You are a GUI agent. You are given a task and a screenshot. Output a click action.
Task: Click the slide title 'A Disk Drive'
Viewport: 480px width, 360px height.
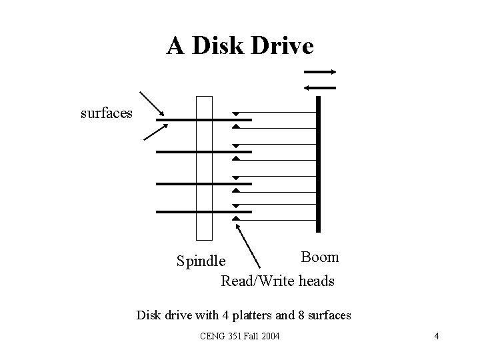(240, 46)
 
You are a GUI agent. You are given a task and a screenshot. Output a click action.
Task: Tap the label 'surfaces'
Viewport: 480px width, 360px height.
(107, 113)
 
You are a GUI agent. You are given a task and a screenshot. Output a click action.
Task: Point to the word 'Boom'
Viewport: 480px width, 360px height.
(319, 257)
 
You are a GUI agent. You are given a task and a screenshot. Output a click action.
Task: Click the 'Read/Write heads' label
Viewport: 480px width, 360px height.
(277, 281)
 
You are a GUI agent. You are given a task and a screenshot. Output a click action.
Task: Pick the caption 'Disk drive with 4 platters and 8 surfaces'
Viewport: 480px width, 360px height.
(243, 314)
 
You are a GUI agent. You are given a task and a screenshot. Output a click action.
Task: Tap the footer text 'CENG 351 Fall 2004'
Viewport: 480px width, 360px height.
(240, 336)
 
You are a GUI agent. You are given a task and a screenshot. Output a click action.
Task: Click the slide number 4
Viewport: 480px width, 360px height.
(436, 336)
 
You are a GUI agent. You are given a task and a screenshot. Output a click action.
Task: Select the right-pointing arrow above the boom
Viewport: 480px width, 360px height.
(320, 72)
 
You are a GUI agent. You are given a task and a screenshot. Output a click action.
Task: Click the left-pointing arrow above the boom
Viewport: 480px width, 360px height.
(320, 87)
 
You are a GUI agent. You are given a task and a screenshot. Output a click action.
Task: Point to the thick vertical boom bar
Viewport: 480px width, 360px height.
(319, 163)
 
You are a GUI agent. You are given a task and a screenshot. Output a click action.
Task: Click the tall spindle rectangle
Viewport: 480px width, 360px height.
(204, 167)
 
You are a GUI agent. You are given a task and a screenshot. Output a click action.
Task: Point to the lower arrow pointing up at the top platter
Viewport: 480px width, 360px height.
(154, 132)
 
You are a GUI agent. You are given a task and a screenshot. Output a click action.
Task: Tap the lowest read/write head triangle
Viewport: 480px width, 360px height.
(235, 218)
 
